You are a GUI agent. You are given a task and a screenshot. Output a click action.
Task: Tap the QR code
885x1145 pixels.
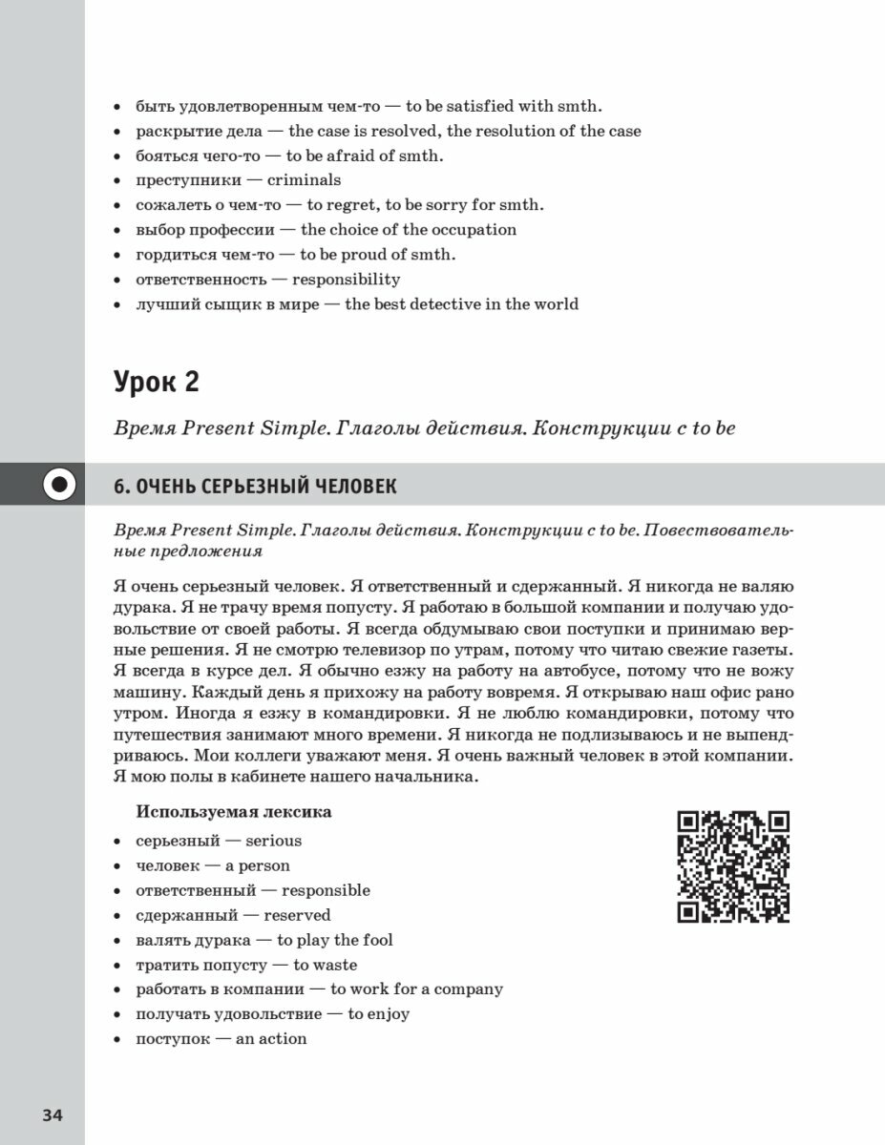point(733,866)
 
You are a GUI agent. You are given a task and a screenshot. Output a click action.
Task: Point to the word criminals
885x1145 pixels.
point(304,179)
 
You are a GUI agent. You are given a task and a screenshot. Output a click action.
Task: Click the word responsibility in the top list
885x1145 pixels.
point(346,280)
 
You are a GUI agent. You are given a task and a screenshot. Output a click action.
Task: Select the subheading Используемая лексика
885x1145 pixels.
point(234,812)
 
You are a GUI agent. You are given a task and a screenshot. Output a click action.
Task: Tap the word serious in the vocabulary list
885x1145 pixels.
point(273,841)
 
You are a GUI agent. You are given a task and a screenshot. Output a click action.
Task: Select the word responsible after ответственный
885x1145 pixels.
point(326,890)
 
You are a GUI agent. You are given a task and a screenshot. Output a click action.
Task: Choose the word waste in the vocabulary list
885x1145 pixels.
point(335,965)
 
